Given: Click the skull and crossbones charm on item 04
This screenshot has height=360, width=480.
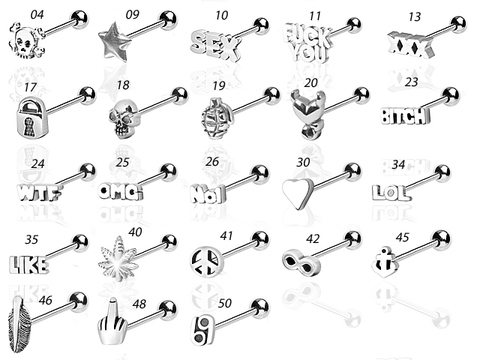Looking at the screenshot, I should [x=24, y=41].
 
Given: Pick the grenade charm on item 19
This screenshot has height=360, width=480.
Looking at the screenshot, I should [x=217, y=116].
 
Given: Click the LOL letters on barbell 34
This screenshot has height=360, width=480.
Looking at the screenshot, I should [x=390, y=193].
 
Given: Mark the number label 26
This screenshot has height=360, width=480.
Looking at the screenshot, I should [x=212, y=161].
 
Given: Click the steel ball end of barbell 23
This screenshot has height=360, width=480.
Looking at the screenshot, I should [x=450, y=94].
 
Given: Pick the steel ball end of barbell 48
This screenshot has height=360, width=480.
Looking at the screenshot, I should [x=169, y=308].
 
